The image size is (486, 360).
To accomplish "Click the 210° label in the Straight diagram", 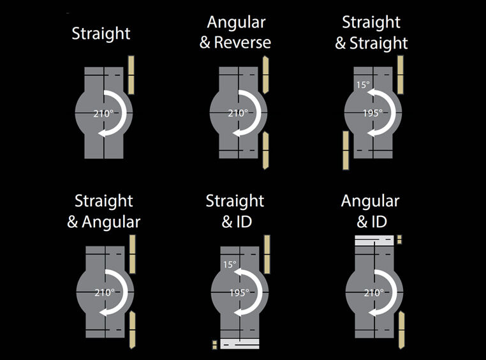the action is [x=103, y=113].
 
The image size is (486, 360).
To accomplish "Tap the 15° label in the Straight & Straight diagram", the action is [x=363, y=84].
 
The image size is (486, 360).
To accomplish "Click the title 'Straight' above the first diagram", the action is [x=101, y=33].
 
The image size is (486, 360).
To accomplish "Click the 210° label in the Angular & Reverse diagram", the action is [x=238, y=113].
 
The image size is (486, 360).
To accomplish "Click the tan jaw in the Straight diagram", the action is [x=131, y=74].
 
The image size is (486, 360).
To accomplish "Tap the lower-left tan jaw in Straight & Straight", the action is [x=345, y=150].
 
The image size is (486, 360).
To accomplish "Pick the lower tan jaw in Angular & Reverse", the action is [x=265, y=151].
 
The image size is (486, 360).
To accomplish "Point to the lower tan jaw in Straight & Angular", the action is [x=132, y=329].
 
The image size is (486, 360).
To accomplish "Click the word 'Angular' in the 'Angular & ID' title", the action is [x=370, y=202].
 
